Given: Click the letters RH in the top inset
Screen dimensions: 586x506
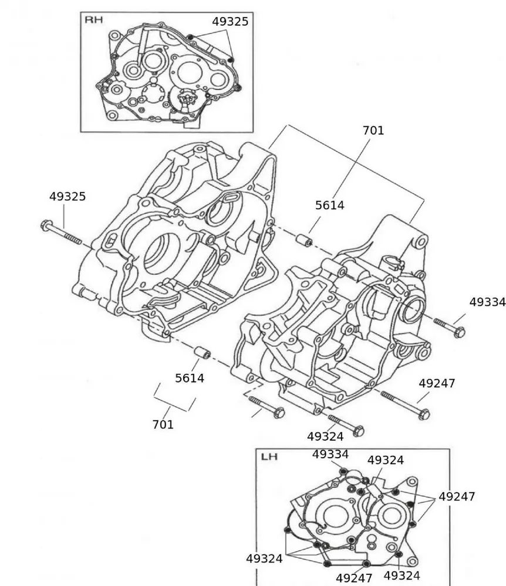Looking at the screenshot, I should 93,20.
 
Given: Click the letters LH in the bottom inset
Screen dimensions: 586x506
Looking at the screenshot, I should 268,456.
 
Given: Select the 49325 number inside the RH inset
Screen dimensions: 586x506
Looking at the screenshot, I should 230,22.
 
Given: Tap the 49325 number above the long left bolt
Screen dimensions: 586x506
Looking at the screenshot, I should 68,197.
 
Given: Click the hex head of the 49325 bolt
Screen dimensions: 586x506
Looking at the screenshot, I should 46,224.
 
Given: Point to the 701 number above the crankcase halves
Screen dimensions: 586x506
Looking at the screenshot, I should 373,131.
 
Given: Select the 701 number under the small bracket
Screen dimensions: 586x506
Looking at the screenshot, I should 163,424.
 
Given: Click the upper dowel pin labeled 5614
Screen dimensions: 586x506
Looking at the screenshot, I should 303,240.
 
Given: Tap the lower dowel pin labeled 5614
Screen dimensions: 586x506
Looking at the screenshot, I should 203,353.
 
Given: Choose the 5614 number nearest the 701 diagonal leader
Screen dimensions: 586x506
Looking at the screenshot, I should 330,205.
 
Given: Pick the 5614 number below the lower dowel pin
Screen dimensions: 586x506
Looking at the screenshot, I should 190,379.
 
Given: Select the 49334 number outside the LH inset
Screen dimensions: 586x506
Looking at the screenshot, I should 487,302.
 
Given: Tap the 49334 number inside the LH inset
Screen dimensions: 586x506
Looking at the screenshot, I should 330,454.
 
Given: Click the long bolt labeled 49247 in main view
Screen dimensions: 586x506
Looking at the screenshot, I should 405,405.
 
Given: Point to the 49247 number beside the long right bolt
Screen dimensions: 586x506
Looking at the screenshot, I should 437,383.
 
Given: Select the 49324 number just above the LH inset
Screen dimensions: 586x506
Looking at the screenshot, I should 325,437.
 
